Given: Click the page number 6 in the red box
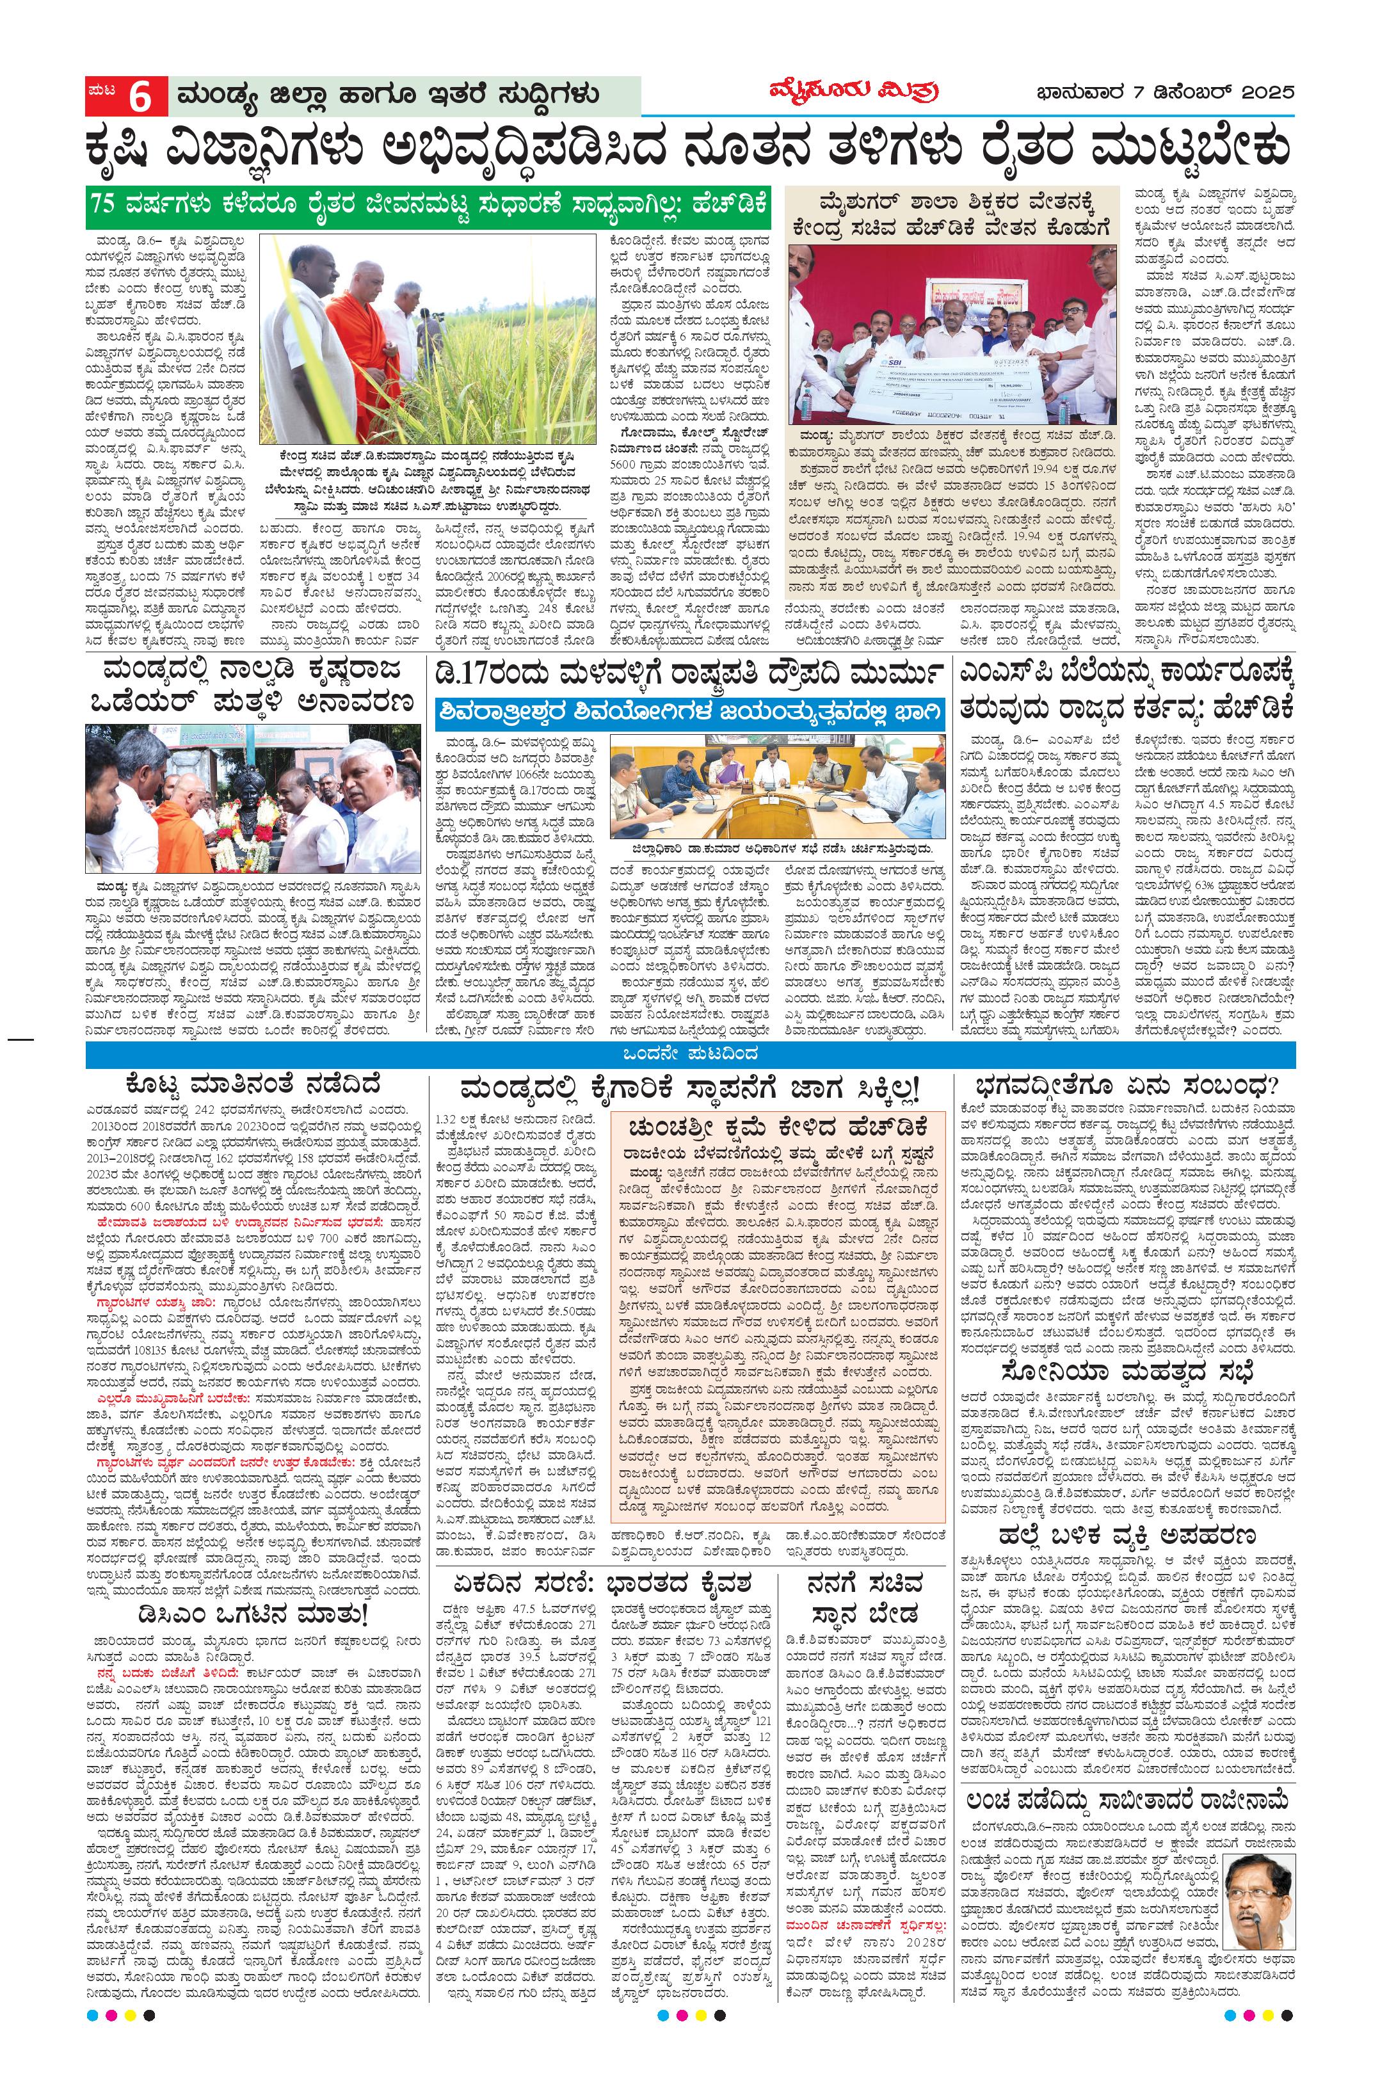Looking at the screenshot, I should point(140,96).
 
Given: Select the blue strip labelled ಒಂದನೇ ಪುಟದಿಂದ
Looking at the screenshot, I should point(689,1054).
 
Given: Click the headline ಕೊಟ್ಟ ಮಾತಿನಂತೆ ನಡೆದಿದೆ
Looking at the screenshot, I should point(253,1084).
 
